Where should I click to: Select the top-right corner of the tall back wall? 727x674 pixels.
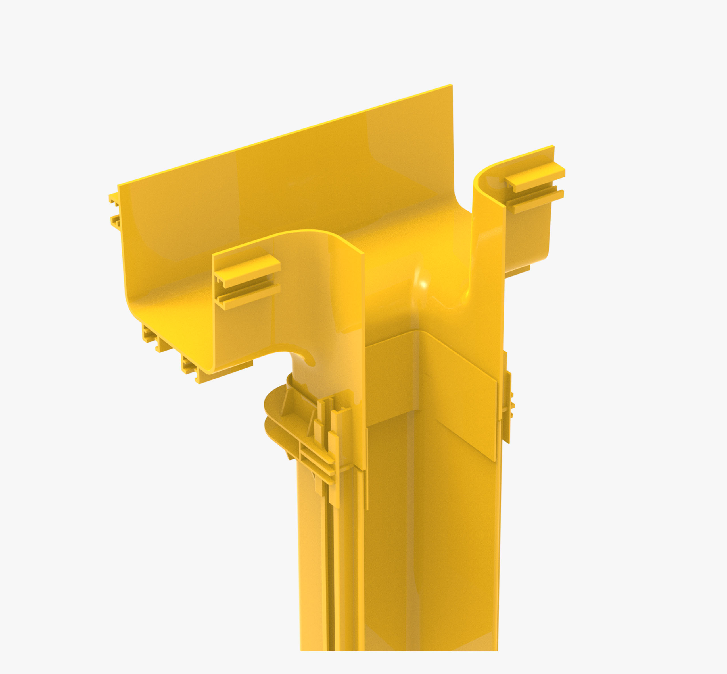(x=452, y=86)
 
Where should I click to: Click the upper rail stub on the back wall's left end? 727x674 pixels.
(x=113, y=199)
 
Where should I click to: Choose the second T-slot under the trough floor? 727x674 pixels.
(x=189, y=365)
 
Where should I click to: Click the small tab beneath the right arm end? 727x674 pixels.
(x=517, y=271)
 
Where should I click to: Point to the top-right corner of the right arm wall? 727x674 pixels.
(x=553, y=147)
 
